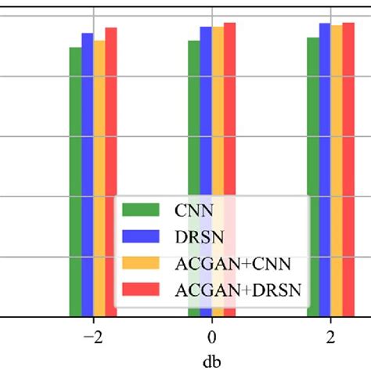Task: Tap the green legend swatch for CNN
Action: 141,209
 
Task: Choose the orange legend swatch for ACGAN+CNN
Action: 141,263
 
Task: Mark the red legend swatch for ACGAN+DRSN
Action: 141,290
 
